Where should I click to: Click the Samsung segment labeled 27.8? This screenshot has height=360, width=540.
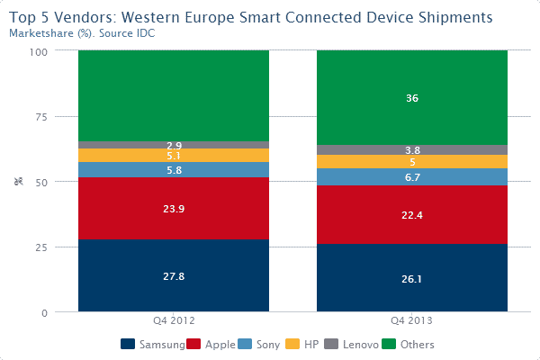(174, 276)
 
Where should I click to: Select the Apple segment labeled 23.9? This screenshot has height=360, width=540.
(174, 209)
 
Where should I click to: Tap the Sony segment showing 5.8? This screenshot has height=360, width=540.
(174, 170)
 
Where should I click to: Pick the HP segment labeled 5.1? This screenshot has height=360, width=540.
(174, 156)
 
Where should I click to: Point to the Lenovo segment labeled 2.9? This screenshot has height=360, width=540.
(174, 145)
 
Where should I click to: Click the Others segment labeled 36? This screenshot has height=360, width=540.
(412, 98)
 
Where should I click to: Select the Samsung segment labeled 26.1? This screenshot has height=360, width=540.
(412, 279)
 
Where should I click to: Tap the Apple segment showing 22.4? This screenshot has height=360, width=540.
(412, 215)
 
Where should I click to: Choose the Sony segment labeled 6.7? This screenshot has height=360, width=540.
(412, 177)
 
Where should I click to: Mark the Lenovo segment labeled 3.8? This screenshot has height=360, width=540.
(412, 150)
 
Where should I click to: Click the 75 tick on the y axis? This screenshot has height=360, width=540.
(40, 116)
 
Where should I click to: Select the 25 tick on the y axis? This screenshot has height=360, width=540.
(40, 247)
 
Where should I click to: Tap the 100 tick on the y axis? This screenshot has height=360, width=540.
(38, 50)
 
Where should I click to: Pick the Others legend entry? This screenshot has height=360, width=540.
(410, 344)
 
